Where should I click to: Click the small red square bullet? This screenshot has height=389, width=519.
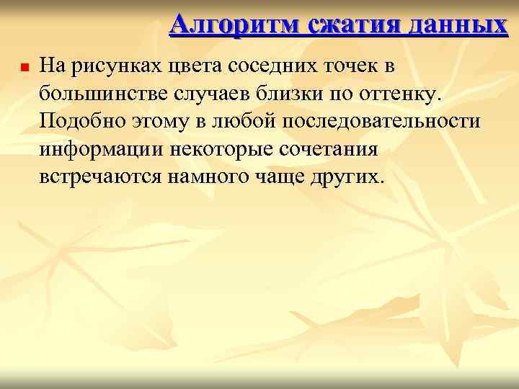(x=24, y=69)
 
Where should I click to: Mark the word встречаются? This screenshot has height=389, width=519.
(x=102, y=176)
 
